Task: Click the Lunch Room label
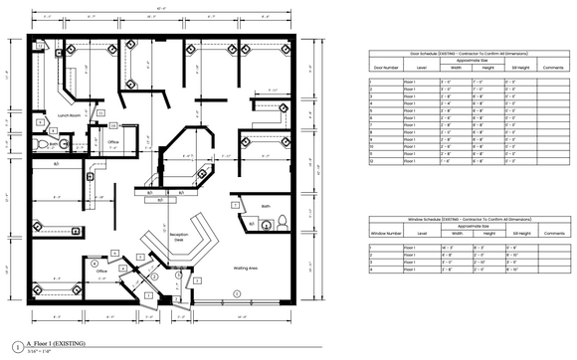click(69, 115)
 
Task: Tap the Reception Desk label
click(179, 239)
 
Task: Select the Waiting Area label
click(247, 269)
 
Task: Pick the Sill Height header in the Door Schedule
click(511, 68)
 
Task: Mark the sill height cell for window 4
click(511, 270)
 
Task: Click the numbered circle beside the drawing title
click(20, 347)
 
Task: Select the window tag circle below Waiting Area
click(237, 293)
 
